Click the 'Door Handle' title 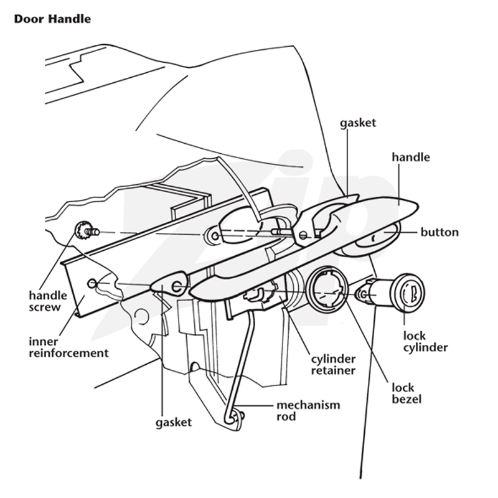coord(52,19)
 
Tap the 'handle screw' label coord(48,301)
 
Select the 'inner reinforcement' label coord(68,347)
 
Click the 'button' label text coord(439,232)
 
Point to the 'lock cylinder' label coord(426,342)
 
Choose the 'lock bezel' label coord(406,393)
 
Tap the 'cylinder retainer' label coord(333,365)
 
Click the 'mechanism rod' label coord(308,411)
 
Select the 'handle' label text coord(411,157)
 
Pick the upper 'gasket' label coord(358,123)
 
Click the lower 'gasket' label coord(174,423)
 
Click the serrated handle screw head coord(82,230)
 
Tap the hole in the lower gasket coord(177,286)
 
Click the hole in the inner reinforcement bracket coord(92,283)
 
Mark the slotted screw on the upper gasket coord(303,235)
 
